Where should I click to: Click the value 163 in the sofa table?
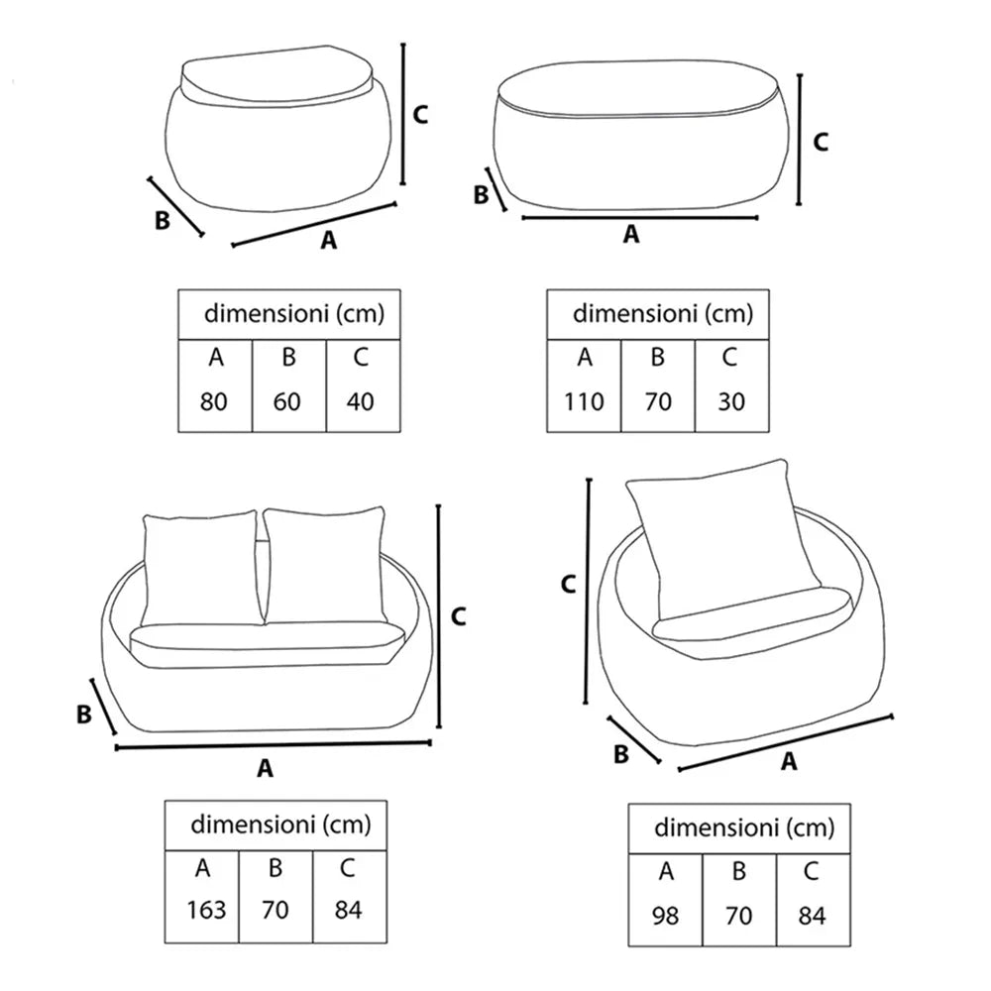click(x=206, y=910)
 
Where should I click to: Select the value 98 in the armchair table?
click(x=665, y=915)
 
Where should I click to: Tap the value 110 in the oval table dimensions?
click(x=584, y=401)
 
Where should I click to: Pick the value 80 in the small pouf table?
click(x=214, y=401)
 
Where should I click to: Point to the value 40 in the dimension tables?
click(x=361, y=401)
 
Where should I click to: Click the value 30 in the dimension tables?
click(x=731, y=401)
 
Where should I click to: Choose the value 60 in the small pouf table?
click(x=287, y=401)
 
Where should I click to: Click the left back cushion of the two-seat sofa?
click(x=201, y=568)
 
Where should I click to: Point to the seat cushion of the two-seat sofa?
click(x=267, y=645)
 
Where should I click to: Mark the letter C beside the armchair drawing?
click(x=568, y=585)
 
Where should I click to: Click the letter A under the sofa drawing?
click(x=266, y=769)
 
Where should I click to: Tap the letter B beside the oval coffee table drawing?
click(x=481, y=194)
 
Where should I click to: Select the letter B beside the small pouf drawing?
click(x=163, y=221)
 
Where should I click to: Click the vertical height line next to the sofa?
click(x=439, y=616)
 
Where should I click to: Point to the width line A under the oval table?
click(x=640, y=218)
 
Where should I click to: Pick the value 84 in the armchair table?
click(x=812, y=915)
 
